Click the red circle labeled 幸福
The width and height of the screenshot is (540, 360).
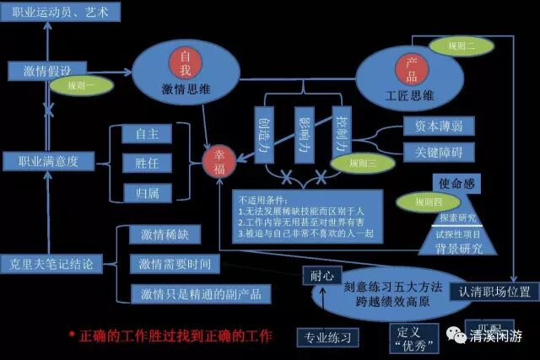(219, 161)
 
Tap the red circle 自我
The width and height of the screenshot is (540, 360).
(185, 58)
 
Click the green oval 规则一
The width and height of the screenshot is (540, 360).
(81, 84)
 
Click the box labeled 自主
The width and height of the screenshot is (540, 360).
(147, 133)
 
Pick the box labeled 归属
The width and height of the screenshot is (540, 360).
(147, 192)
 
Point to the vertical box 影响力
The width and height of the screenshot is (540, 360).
(305, 133)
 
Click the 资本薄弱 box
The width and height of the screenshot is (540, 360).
(431, 126)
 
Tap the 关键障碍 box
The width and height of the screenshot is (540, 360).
(431, 152)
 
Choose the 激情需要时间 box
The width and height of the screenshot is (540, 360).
(175, 263)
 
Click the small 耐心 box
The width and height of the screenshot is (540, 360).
(322, 275)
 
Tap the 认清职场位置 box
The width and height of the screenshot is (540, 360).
(494, 292)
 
